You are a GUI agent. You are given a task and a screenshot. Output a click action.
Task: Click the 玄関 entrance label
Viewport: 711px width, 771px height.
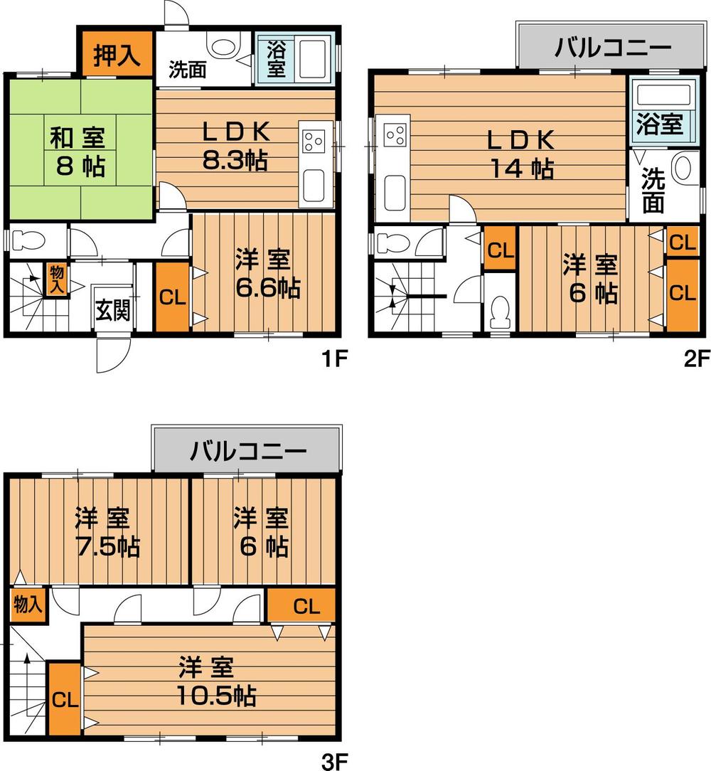pos(114,310)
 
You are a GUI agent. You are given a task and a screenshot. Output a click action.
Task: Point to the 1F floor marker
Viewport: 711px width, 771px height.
pos(332,359)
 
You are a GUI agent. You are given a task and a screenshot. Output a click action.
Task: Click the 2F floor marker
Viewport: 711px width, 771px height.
pos(697,359)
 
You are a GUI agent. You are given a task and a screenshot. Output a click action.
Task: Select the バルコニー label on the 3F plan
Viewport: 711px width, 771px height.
pos(247,451)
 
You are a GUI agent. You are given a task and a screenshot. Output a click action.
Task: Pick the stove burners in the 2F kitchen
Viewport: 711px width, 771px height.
pos(395,134)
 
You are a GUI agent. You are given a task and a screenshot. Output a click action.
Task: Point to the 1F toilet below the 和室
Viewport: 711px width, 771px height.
pos(32,240)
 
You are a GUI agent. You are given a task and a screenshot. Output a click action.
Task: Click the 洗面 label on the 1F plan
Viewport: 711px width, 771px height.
pos(188,70)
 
